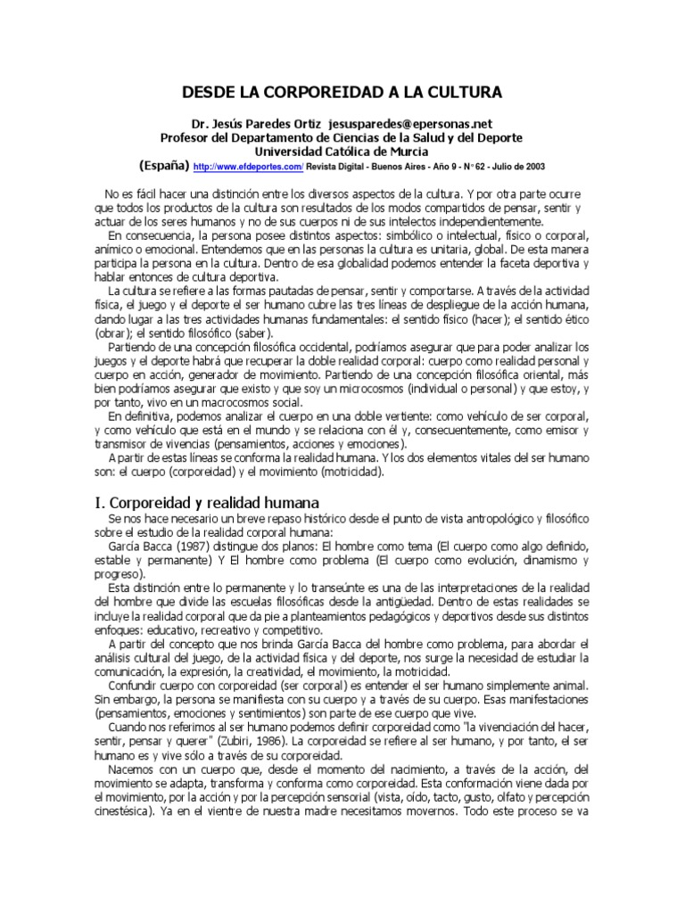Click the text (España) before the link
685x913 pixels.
pyautogui.click(x=164, y=166)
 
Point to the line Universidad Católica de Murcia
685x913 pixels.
pyautogui.click(x=341, y=152)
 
